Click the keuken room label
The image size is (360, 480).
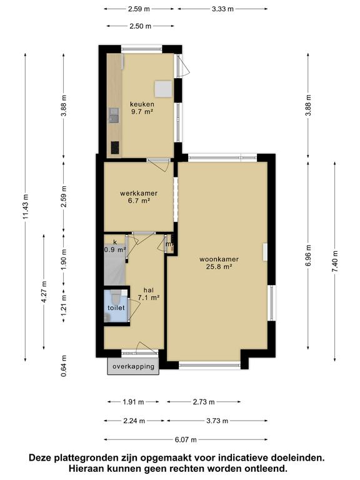point(142,104)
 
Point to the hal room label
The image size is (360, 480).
point(148,290)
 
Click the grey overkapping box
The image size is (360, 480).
point(133,367)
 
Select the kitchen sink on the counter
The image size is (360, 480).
point(114,115)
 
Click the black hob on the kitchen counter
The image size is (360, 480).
point(114,147)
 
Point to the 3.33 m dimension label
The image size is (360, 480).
point(222,9)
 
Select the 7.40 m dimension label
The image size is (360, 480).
point(335,260)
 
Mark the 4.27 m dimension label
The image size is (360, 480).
point(44,291)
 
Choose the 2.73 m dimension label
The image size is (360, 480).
point(203,402)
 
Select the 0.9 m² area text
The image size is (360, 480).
point(115,249)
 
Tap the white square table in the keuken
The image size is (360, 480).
point(164,89)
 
